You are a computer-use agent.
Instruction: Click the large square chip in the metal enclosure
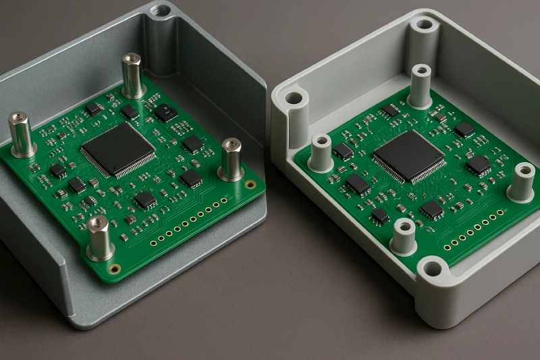coord(118,149)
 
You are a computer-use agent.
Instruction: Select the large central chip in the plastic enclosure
coord(408,156)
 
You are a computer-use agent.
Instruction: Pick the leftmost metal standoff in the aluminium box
coord(21,134)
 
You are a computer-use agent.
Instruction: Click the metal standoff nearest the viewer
coord(99,238)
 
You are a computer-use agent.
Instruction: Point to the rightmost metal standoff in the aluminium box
coord(231,159)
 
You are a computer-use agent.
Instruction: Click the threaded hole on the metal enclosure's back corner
coord(161,11)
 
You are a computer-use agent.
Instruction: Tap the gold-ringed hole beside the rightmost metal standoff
coord(250,184)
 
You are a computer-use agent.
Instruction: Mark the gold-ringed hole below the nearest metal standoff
coord(115,268)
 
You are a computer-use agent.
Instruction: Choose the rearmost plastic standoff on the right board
coord(420,86)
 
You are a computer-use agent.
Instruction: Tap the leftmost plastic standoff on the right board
coord(321,153)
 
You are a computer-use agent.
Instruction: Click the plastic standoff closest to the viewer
coord(403,236)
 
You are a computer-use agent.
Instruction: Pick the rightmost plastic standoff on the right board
coord(522,182)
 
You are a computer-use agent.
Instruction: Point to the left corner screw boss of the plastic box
coord(294,99)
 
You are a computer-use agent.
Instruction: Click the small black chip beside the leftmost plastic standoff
coord(343,151)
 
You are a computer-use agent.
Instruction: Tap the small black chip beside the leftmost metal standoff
coord(57,170)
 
